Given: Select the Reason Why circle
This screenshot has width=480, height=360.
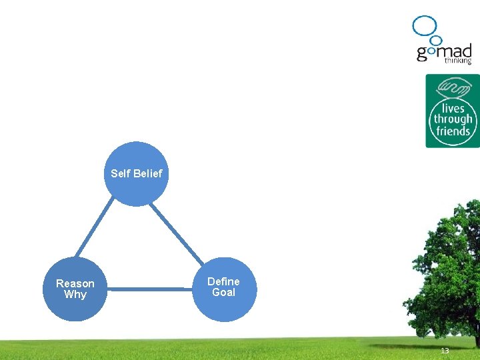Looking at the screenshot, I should (75, 289).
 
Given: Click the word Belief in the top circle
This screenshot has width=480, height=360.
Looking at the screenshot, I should (147, 173).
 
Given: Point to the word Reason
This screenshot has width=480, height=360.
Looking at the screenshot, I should (75, 283).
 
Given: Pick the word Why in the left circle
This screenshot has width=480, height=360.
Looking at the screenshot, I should (75, 295).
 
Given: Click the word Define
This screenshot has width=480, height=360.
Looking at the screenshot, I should (223, 281).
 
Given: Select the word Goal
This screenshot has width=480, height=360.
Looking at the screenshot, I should (223, 293).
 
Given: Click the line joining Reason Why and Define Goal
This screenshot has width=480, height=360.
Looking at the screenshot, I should (149, 289).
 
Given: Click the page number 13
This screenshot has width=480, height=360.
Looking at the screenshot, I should (445, 351).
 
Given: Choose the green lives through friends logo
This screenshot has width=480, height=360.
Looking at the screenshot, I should (452, 111).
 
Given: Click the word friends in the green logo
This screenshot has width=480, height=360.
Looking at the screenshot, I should (453, 131).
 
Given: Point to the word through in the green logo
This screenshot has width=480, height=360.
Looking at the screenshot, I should (453, 120).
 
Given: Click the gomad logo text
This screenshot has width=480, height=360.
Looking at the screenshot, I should (443, 52).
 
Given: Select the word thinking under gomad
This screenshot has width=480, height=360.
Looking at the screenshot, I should (458, 61).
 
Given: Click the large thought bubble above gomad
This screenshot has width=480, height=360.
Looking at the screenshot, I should (424, 25).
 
